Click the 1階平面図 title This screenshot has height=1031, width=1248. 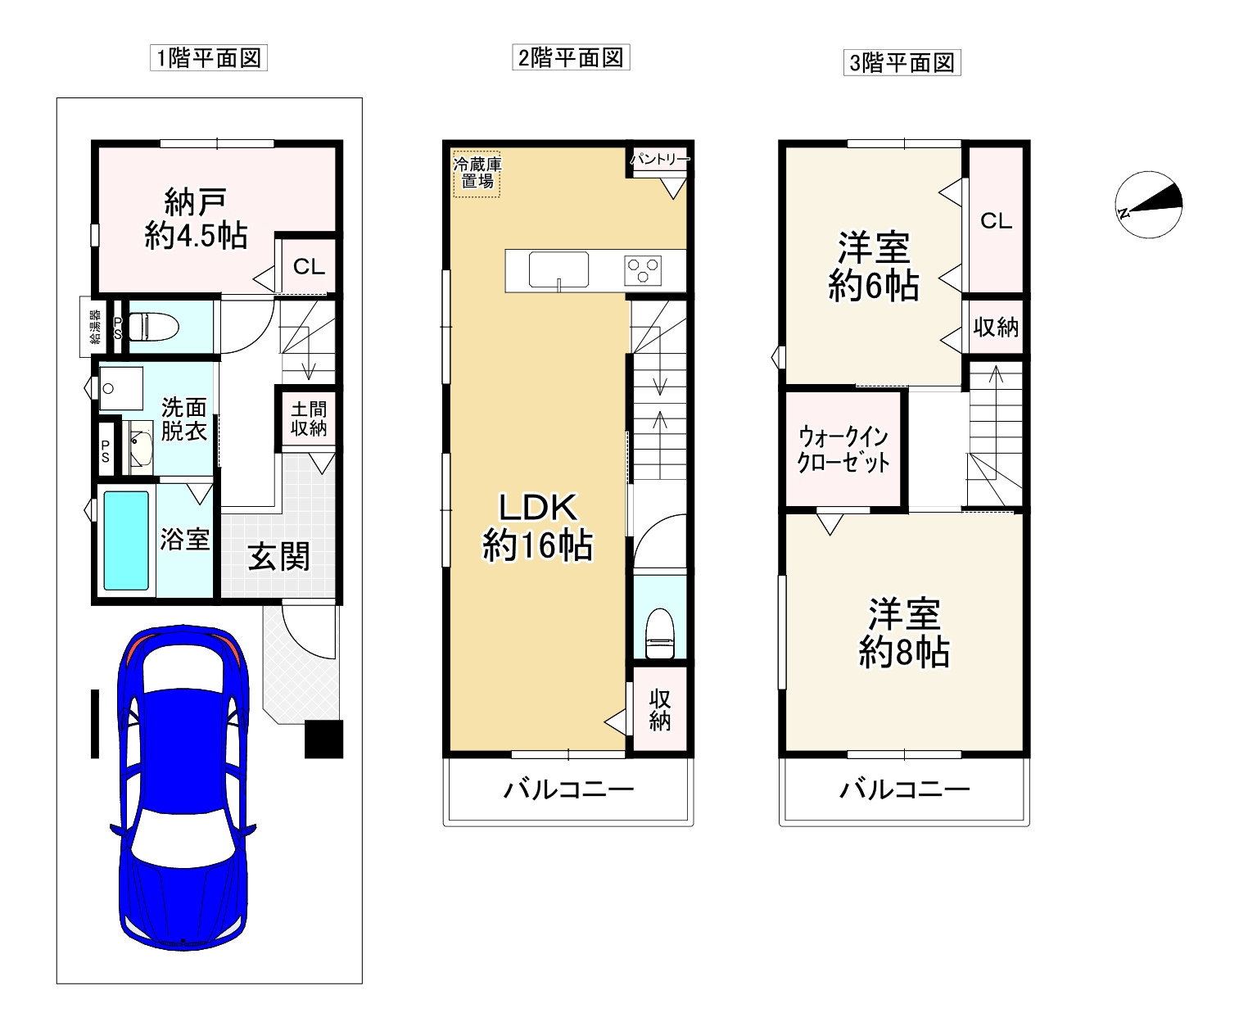pyautogui.click(x=209, y=58)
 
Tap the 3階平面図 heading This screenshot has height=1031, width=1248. pyautogui.click(x=902, y=63)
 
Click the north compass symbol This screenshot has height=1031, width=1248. pyautogui.click(x=1149, y=205)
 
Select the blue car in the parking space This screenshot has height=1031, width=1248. pyautogui.click(x=183, y=788)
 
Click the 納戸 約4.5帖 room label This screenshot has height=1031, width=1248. pyautogui.click(x=196, y=219)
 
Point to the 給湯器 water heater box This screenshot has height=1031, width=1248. pyautogui.click(x=93, y=327)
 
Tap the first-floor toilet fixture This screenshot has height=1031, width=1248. pyautogui.click(x=154, y=327)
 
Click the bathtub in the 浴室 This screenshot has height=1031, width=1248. pyautogui.click(x=126, y=540)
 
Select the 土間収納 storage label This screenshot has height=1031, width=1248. pyautogui.click(x=309, y=418)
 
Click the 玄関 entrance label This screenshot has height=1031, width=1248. pyautogui.click(x=279, y=556)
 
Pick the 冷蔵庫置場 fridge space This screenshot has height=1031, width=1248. pyautogui.click(x=477, y=174)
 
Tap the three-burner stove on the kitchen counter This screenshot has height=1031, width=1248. pyautogui.click(x=643, y=270)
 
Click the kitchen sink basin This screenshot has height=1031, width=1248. pyautogui.click(x=558, y=270)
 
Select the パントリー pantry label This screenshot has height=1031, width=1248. pyautogui.click(x=661, y=159)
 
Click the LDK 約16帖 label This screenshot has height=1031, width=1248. pyautogui.click(x=537, y=527)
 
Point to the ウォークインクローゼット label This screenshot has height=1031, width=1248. pyautogui.click(x=843, y=450)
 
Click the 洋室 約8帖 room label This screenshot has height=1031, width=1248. pyautogui.click(x=904, y=632)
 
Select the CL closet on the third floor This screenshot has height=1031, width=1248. pyautogui.click(x=996, y=220)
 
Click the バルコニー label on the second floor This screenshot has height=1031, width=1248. pyautogui.click(x=568, y=790)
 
